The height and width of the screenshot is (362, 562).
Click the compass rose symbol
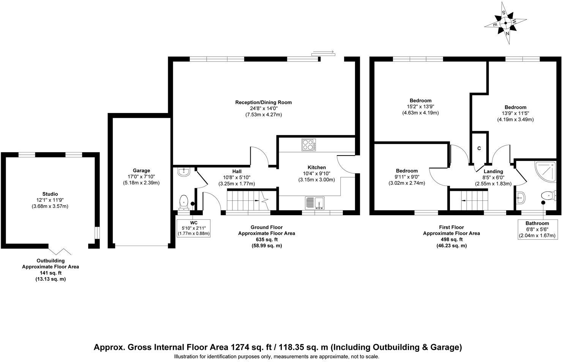pyautogui.click(x=505, y=22)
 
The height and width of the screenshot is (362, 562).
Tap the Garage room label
pyautogui.click(x=141, y=171)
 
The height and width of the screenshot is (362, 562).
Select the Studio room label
pyautogui.click(x=50, y=194)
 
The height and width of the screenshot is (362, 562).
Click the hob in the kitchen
pyautogui.click(x=309, y=144)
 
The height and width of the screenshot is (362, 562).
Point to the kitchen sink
pyautogui.click(x=314, y=203)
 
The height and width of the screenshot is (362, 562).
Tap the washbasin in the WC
pyautogui.click(x=183, y=172)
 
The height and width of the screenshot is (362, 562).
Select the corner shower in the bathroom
pyautogui.click(x=545, y=171)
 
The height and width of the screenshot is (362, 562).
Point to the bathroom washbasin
pyautogui.click(x=520, y=197)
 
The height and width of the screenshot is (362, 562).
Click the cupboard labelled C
pyautogui.click(x=479, y=148)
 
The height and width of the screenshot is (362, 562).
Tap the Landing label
pyautogui.click(x=493, y=171)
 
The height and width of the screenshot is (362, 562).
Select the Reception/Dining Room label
pyautogui.click(x=264, y=102)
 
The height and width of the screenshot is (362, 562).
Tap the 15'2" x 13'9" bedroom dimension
pyautogui.click(x=420, y=107)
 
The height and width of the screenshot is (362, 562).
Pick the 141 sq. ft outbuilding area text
pyautogui.click(x=50, y=273)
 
